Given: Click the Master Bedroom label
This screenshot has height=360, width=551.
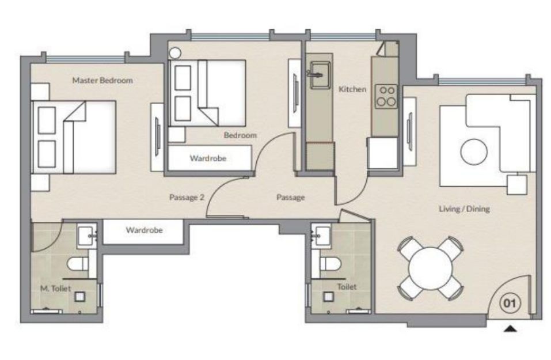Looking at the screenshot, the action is (102, 81).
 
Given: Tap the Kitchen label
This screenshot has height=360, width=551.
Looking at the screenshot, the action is (352, 89).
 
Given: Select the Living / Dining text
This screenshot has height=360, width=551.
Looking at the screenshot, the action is (464, 209).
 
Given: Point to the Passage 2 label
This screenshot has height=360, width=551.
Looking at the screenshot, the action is (187, 197).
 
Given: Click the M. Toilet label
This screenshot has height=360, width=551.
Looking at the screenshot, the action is (55, 289).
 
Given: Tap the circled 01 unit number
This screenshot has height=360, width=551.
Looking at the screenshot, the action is (510, 303).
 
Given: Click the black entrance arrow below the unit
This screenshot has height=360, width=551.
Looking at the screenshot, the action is (510, 329).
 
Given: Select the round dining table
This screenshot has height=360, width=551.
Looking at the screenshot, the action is (431, 268).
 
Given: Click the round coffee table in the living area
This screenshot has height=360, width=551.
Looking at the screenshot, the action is (474, 152).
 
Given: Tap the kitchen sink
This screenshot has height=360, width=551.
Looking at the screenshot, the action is (320, 75).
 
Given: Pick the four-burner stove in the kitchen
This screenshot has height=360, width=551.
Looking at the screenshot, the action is (386, 96).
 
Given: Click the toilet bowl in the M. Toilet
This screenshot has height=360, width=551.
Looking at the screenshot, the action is (78, 264).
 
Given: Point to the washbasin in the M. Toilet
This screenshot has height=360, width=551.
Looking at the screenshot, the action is (86, 236).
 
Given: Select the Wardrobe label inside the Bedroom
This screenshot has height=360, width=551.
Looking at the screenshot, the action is (208, 158).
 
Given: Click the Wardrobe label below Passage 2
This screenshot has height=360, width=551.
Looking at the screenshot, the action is (145, 230).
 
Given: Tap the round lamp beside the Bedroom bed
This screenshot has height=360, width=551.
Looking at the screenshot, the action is (174, 53).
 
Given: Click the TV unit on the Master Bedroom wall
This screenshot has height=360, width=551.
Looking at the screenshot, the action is (157, 137).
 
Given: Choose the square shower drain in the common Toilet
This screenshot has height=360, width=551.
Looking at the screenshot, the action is (329, 297).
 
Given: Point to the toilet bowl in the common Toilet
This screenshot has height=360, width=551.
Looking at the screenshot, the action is (330, 264).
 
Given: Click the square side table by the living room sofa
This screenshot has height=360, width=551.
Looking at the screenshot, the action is (517, 185).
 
